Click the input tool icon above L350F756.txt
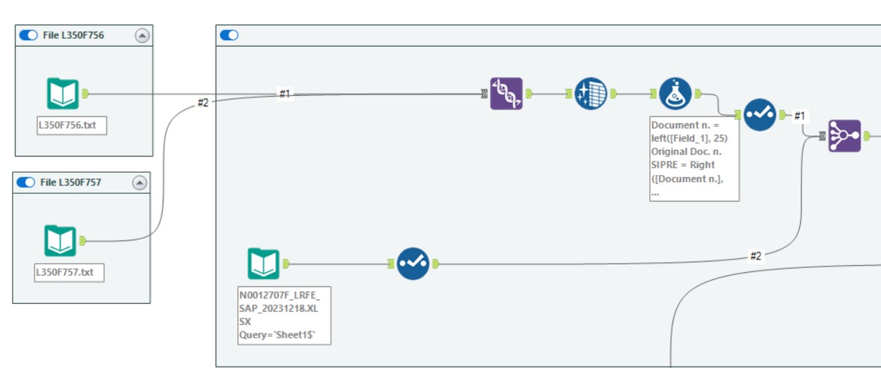63,94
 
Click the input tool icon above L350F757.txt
61,240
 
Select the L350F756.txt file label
72,126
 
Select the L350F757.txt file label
69,272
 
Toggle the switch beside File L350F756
28,35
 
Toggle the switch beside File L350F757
26,183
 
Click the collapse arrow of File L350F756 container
142,36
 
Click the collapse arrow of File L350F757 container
140,183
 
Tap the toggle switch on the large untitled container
230,35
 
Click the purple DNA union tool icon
506,94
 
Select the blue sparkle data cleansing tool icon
590,94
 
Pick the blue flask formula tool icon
675,94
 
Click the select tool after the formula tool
760,114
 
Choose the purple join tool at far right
844,136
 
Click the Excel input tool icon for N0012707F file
263,264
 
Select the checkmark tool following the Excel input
413,264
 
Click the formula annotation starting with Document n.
694,159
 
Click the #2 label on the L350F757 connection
203,103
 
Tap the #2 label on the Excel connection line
756,256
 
